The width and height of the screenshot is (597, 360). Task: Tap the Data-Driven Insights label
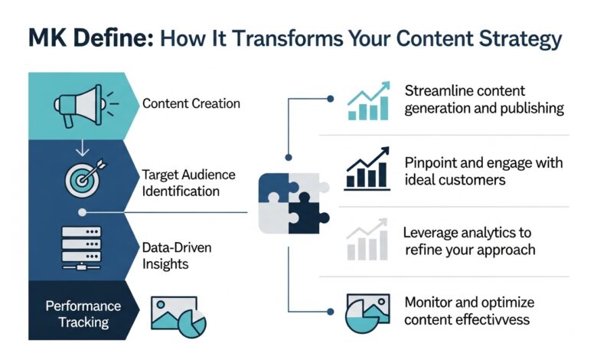tap(176, 256)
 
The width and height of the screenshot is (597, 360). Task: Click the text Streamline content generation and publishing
tap(484, 100)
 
